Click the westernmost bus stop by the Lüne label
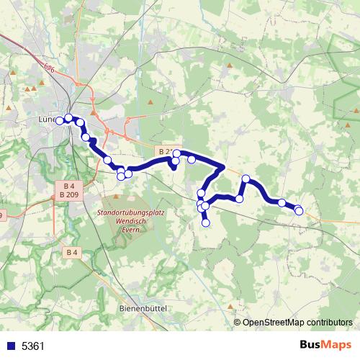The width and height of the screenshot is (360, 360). (63, 120)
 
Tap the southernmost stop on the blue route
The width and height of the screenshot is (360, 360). (206, 223)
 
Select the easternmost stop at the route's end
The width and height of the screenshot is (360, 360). (299, 210)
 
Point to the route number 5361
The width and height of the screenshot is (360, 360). (33, 346)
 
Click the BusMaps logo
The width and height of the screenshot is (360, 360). (325, 346)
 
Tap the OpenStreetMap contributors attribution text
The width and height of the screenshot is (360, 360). (297, 322)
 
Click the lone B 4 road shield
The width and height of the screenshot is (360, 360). (72, 252)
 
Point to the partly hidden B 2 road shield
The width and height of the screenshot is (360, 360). (163, 152)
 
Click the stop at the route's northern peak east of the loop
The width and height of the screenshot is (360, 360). (246, 179)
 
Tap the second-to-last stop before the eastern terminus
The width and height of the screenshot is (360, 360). (282, 203)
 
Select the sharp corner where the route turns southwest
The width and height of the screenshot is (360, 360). (224, 168)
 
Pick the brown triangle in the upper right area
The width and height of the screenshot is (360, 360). (230, 65)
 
